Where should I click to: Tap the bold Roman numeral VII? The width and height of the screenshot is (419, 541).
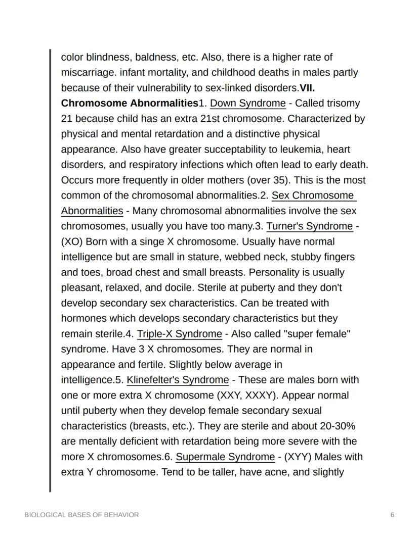[x=308, y=88]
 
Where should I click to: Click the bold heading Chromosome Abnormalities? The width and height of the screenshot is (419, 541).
[x=129, y=103]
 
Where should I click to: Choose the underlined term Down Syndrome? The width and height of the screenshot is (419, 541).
[x=247, y=103]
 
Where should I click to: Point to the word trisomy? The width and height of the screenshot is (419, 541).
[x=344, y=103]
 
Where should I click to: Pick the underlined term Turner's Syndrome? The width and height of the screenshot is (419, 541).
[x=309, y=226]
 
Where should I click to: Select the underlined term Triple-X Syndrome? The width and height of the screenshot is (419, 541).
[x=179, y=333]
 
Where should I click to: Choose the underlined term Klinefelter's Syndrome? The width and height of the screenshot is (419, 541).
[x=178, y=379]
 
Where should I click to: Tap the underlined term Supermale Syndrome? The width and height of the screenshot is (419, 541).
[x=225, y=457]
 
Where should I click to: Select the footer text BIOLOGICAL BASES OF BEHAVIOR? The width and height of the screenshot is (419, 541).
[x=81, y=515]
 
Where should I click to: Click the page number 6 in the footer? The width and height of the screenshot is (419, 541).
[x=392, y=515]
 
